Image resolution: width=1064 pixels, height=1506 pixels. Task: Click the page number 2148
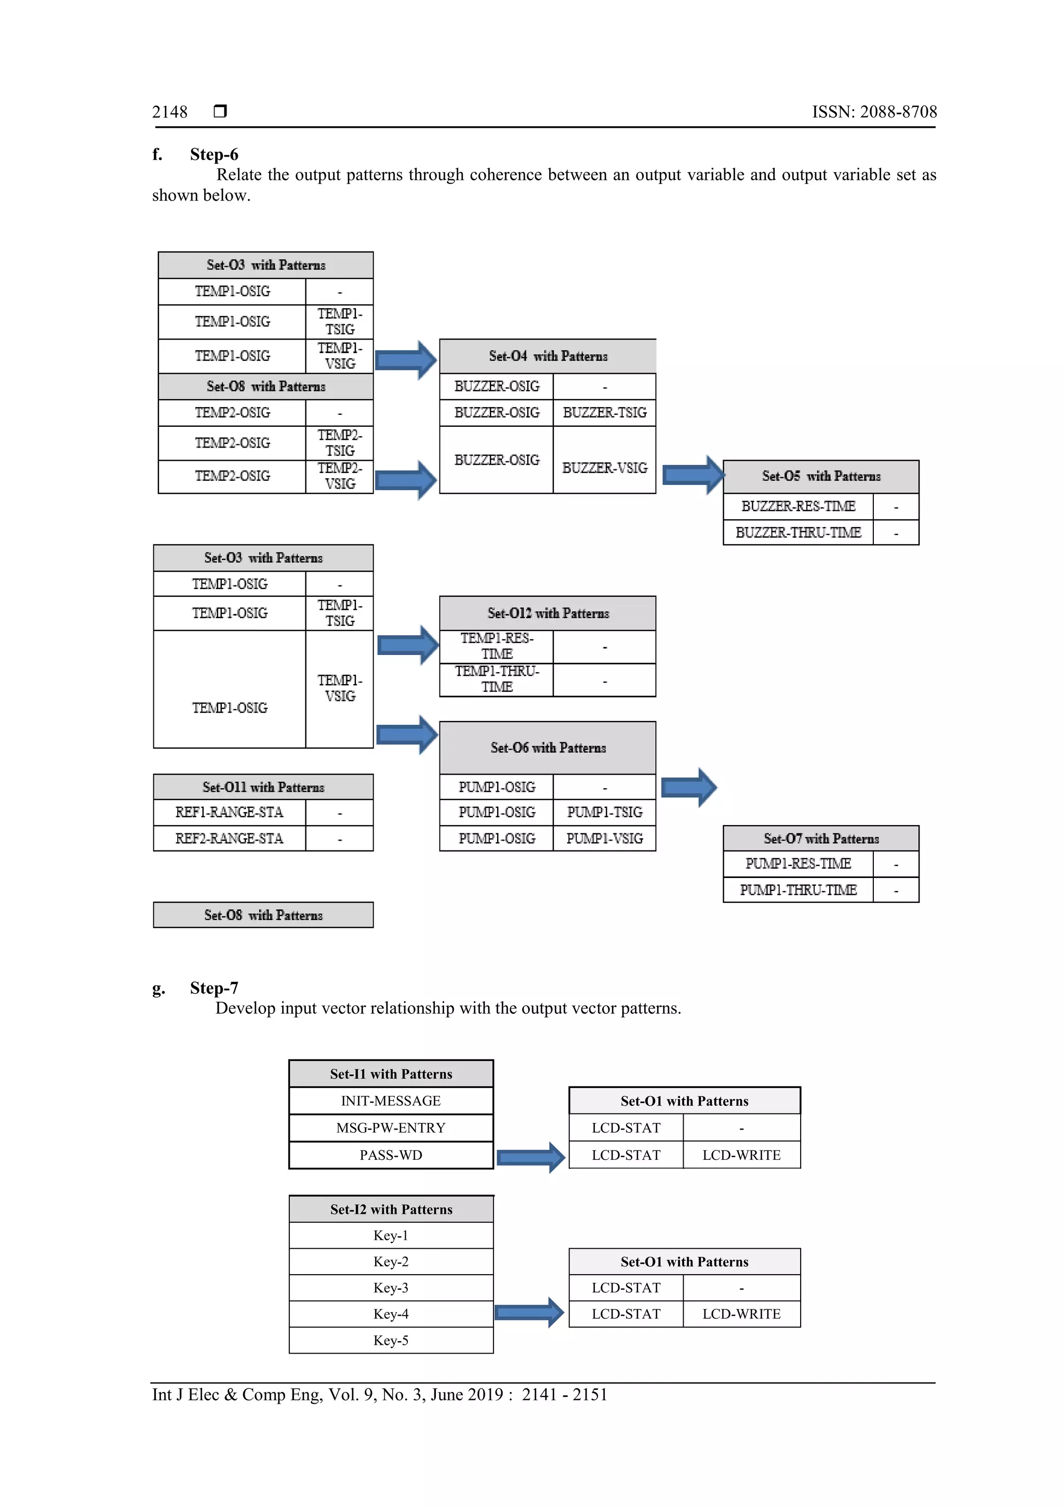click(169, 112)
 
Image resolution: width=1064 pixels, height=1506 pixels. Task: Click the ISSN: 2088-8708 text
click(874, 112)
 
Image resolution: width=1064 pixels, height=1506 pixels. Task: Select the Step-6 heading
click(214, 155)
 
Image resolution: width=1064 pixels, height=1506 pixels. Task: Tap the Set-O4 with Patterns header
click(548, 356)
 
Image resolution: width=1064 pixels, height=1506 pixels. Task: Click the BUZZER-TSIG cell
click(604, 413)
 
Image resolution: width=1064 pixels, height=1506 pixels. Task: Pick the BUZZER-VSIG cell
click(604, 468)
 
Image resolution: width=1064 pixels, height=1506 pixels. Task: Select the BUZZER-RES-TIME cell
click(798, 506)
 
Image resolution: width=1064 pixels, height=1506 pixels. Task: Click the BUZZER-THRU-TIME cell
click(798, 533)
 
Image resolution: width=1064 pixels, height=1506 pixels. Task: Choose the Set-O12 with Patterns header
click(548, 613)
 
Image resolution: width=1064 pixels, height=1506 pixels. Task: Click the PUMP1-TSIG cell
click(604, 812)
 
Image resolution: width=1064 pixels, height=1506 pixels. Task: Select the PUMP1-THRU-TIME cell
click(798, 890)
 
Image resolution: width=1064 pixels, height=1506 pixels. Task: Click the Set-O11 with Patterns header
click(263, 787)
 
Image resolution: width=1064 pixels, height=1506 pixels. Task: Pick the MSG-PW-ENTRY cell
click(391, 1128)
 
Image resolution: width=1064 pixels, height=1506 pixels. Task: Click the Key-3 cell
click(391, 1288)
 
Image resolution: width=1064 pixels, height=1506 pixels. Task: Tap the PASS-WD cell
click(391, 1155)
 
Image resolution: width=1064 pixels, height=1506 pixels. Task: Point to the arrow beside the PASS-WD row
click(530, 1158)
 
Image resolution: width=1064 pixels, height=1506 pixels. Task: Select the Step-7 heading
click(214, 988)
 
